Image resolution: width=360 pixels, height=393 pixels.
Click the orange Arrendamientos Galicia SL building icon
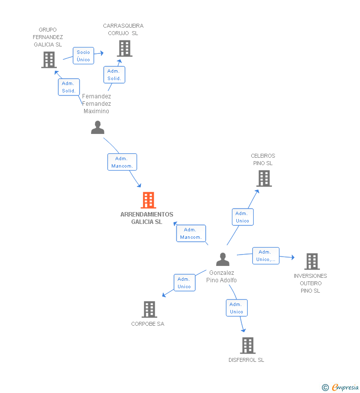[148, 200]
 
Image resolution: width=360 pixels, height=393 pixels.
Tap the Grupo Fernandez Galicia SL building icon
[48, 60]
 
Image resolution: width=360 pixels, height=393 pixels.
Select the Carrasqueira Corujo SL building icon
[125, 48]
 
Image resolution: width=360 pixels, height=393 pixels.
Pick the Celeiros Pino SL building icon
[264, 178]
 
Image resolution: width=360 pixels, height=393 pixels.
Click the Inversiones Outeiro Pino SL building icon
[312, 262]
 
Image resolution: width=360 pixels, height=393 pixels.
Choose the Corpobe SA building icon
[149, 309]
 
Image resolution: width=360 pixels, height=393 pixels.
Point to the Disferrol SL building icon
[248, 346]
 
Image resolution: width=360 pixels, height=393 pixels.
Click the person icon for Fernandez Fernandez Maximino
[97, 128]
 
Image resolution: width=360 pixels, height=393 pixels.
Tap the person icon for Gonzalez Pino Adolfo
[223, 260]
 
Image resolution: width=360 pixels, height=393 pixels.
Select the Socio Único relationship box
[84, 56]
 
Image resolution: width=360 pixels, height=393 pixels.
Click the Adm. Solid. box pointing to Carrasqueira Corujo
[114, 75]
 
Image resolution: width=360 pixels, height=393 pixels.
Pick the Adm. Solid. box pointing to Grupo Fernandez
[68, 87]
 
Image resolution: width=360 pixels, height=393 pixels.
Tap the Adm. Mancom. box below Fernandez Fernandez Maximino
[122, 162]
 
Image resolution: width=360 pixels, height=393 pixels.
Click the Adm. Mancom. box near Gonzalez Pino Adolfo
[191, 233]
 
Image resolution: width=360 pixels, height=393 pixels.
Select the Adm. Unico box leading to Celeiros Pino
[242, 217]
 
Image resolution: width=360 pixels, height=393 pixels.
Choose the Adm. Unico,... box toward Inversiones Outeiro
[266, 256]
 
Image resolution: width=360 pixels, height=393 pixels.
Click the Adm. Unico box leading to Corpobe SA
[184, 283]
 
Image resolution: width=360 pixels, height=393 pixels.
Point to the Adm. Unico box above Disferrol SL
[236, 308]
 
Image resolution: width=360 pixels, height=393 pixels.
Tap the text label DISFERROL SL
[246, 360]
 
